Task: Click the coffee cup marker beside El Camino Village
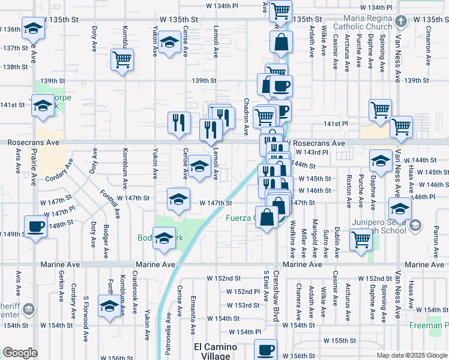pos(265,349)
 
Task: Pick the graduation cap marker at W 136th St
pos(33,28)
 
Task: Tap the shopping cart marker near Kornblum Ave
pos(122,60)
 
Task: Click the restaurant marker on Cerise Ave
pos(179,123)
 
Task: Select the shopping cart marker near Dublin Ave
pos(361,239)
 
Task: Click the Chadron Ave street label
pos(247,116)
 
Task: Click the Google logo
pos(20,353)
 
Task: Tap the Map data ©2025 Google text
pos(411,355)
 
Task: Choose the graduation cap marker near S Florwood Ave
pos(109,307)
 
